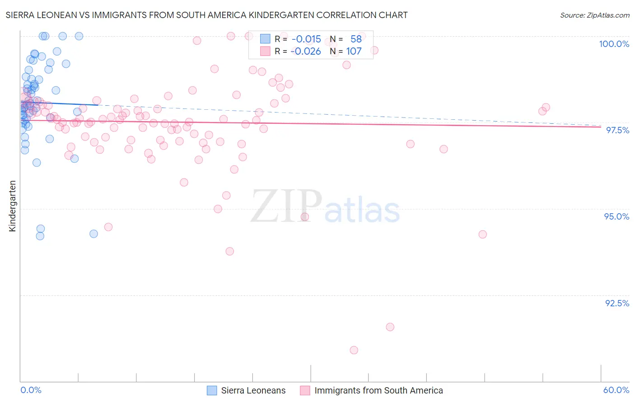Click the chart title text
pos(207,15)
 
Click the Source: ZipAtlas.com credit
pos(594,15)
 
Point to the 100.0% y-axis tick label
pos(614,44)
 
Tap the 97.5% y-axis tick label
pos(617,130)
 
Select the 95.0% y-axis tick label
pos(616,216)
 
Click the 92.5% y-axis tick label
pos(617,303)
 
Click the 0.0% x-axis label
pos(31,390)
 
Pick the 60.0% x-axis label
pos(616,390)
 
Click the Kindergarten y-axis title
pos(13,206)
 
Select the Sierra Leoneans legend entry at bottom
pos(247,390)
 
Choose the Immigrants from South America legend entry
pos(372,390)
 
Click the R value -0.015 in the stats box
pos(306,39)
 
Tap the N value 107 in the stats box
pos(354,52)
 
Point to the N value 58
pos(356,39)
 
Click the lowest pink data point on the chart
pos(354,350)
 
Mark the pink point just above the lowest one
pos(390,327)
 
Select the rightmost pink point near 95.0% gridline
pos(482,234)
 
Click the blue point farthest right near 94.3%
pos(93,234)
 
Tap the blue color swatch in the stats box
pos(265,39)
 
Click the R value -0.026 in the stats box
pos(306,52)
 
